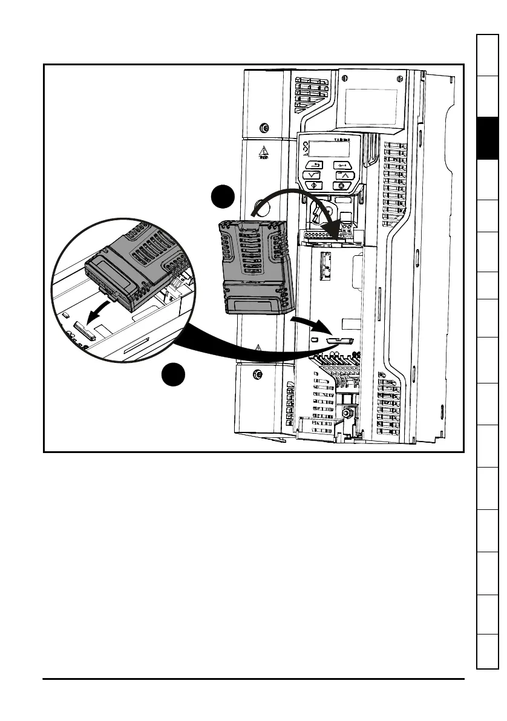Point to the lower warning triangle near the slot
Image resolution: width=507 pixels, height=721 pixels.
258,348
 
